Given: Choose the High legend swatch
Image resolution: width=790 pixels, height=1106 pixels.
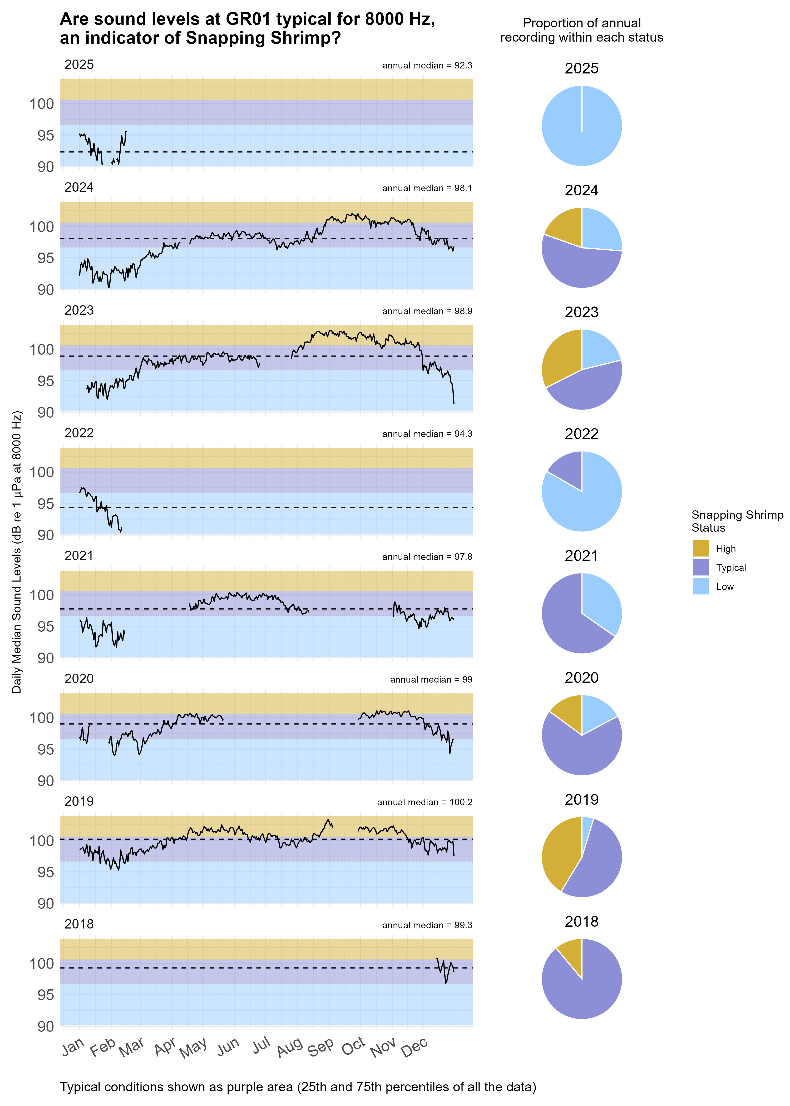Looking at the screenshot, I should (700, 548).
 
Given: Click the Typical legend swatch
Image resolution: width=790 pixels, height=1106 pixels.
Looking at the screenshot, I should (700, 567).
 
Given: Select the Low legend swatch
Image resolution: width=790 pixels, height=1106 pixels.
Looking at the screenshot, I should (700, 586).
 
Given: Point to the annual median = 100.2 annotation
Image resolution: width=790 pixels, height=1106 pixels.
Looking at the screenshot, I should (424, 802).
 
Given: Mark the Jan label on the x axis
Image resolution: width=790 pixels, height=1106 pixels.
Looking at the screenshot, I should (73, 1046).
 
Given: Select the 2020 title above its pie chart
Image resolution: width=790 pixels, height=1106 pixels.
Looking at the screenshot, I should (581, 678).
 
